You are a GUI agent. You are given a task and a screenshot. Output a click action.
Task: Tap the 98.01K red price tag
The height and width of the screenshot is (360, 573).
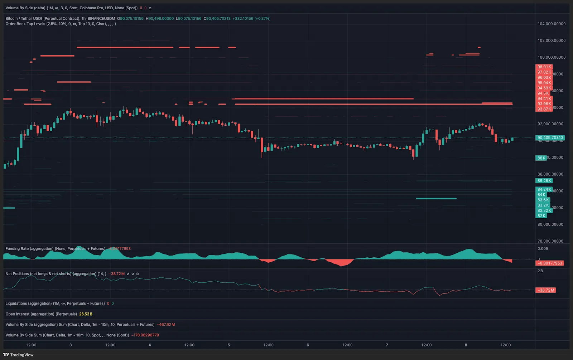(x=544, y=67)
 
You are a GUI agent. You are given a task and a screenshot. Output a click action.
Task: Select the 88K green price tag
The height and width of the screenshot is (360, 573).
(x=541, y=158)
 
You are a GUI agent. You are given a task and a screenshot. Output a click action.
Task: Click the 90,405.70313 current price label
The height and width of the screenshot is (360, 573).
(x=550, y=137)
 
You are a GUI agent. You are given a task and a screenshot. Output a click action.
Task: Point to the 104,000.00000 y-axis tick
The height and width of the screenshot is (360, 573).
(x=552, y=24)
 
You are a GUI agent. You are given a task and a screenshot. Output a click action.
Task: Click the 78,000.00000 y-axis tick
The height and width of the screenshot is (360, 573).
(x=552, y=241)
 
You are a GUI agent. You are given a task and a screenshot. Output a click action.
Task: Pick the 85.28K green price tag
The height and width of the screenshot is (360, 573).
(x=544, y=181)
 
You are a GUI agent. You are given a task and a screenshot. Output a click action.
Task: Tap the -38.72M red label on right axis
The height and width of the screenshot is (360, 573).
(x=546, y=290)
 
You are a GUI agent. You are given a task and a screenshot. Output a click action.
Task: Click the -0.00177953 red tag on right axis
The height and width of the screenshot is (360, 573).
(x=550, y=263)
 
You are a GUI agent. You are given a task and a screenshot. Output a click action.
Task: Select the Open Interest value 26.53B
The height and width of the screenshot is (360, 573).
(x=86, y=314)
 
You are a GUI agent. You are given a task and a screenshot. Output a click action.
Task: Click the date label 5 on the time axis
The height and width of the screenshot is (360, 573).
(x=228, y=345)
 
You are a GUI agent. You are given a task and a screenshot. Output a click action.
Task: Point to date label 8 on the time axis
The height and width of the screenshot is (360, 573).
(x=466, y=345)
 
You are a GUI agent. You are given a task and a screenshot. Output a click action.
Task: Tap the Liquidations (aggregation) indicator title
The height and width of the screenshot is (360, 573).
(x=29, y=303)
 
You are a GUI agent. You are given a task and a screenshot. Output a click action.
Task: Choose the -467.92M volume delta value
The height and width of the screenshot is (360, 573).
(x=166, y=325)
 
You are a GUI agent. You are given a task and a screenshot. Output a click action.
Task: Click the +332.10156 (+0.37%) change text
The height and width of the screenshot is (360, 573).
(x=251, y=18)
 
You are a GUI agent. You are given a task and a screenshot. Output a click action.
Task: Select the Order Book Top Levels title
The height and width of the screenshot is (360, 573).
(x=25, y=24)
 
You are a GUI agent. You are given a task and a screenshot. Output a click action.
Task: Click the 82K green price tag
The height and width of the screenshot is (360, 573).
(x=541, y=216)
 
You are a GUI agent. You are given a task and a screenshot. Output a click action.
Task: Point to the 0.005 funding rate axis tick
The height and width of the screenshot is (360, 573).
(x=543, y=248)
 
